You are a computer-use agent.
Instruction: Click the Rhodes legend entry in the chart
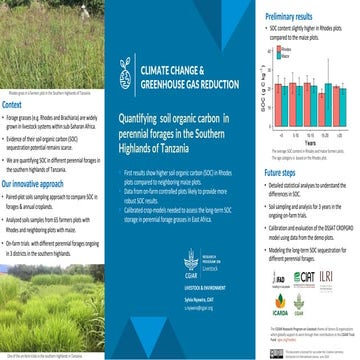281,47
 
